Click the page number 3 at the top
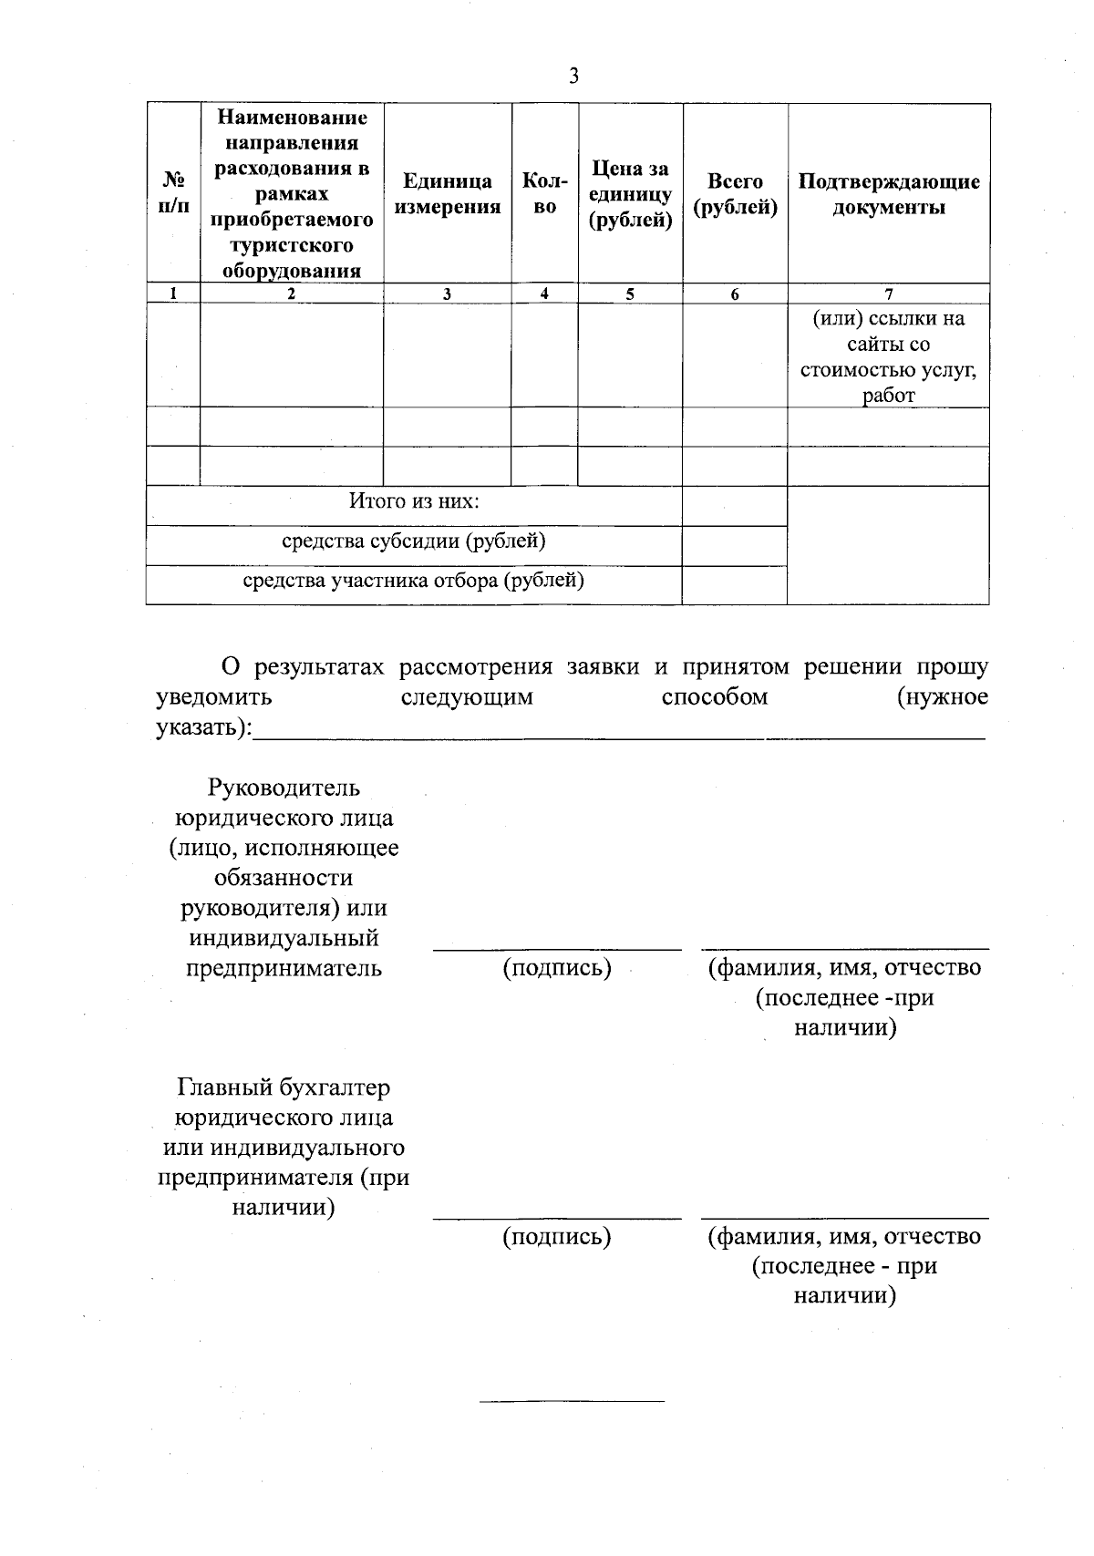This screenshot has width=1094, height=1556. [x=573, y=77]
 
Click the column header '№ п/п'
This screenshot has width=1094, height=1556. [x=173, y=193]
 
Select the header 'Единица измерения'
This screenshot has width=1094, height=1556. [x=448, y=193]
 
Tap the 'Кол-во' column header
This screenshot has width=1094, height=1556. [x=544, y=193]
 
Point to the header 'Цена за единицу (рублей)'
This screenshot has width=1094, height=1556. [x=630, y=193]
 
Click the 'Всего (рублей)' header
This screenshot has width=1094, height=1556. [x=735, y=193]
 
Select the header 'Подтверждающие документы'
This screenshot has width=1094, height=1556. [x=888, y=193]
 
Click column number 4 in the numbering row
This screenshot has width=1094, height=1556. [x=544, y=294]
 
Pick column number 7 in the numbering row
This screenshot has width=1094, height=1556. [x=888, y=294]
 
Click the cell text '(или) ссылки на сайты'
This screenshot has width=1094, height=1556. [x=888, y=332]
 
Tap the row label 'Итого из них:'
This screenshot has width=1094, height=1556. [x=414, y=501]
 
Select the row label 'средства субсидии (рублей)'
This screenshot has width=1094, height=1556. [x=414, y=541]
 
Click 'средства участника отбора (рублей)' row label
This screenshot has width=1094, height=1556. [x=414, y=580]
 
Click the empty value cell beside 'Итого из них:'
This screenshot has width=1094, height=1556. [x=734, y=505]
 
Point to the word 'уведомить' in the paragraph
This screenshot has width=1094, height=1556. [x=214, y=697]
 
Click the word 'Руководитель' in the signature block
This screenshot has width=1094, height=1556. [x=284, y=787]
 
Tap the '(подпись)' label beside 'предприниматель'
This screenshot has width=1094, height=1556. [x=556, y=967]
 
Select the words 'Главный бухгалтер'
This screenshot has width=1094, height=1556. [x=284, y=1087]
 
